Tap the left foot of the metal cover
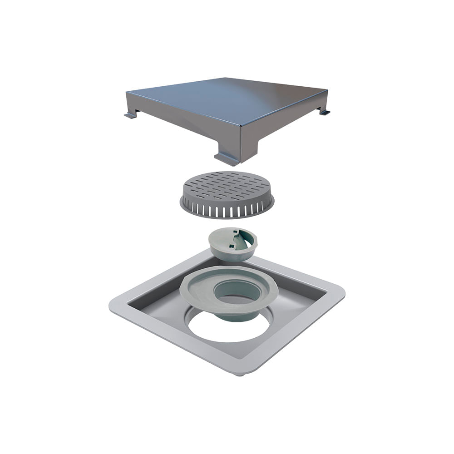pyautogui.click(x=130, y=115)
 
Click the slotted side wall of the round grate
pyautogui.click(x=227, y=210)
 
